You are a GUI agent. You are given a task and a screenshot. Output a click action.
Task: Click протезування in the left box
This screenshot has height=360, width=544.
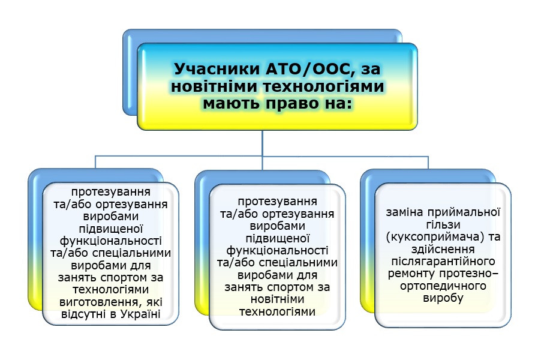[x=111, y=192]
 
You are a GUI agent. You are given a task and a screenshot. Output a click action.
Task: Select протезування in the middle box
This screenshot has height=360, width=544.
[x=277, y=202]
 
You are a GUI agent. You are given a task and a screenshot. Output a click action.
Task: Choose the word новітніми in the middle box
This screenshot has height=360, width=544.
[x=277, y=299]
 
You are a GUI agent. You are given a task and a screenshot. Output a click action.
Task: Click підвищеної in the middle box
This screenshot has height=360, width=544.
[x=278, y=239]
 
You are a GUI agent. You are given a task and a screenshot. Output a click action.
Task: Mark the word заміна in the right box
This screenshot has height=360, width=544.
[x=405, y=212]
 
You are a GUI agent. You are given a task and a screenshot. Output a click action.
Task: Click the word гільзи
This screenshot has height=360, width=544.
[x=443, y=224]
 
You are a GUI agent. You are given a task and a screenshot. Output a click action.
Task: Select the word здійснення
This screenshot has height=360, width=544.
[x=443, y=249]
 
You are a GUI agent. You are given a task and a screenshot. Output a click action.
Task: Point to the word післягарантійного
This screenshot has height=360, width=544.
[x=443, y=262]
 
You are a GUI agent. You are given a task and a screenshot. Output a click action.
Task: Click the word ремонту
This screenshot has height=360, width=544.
[x=411, y=274]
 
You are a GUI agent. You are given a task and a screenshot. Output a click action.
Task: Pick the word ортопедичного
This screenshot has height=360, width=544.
[x=443, y=286]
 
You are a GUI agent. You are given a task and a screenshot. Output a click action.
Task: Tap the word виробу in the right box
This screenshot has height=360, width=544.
[x=443, y=298]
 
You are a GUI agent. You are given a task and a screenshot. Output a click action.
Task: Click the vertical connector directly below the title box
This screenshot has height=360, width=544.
[x=262, y=143]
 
